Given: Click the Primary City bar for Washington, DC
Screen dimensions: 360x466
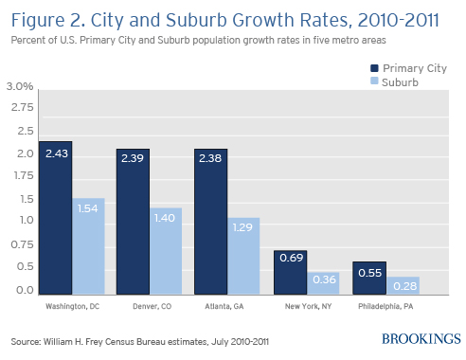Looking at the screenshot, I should coord(55,219).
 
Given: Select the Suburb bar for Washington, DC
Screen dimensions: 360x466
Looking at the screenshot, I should coord(88,247).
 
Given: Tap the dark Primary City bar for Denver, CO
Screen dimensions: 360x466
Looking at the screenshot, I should coord(133,221).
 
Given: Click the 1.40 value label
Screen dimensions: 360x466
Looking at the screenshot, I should coord(166,218).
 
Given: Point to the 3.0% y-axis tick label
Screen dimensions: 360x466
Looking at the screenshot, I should coord(20,86).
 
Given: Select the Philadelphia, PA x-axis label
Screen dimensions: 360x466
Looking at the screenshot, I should coord(383,306).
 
